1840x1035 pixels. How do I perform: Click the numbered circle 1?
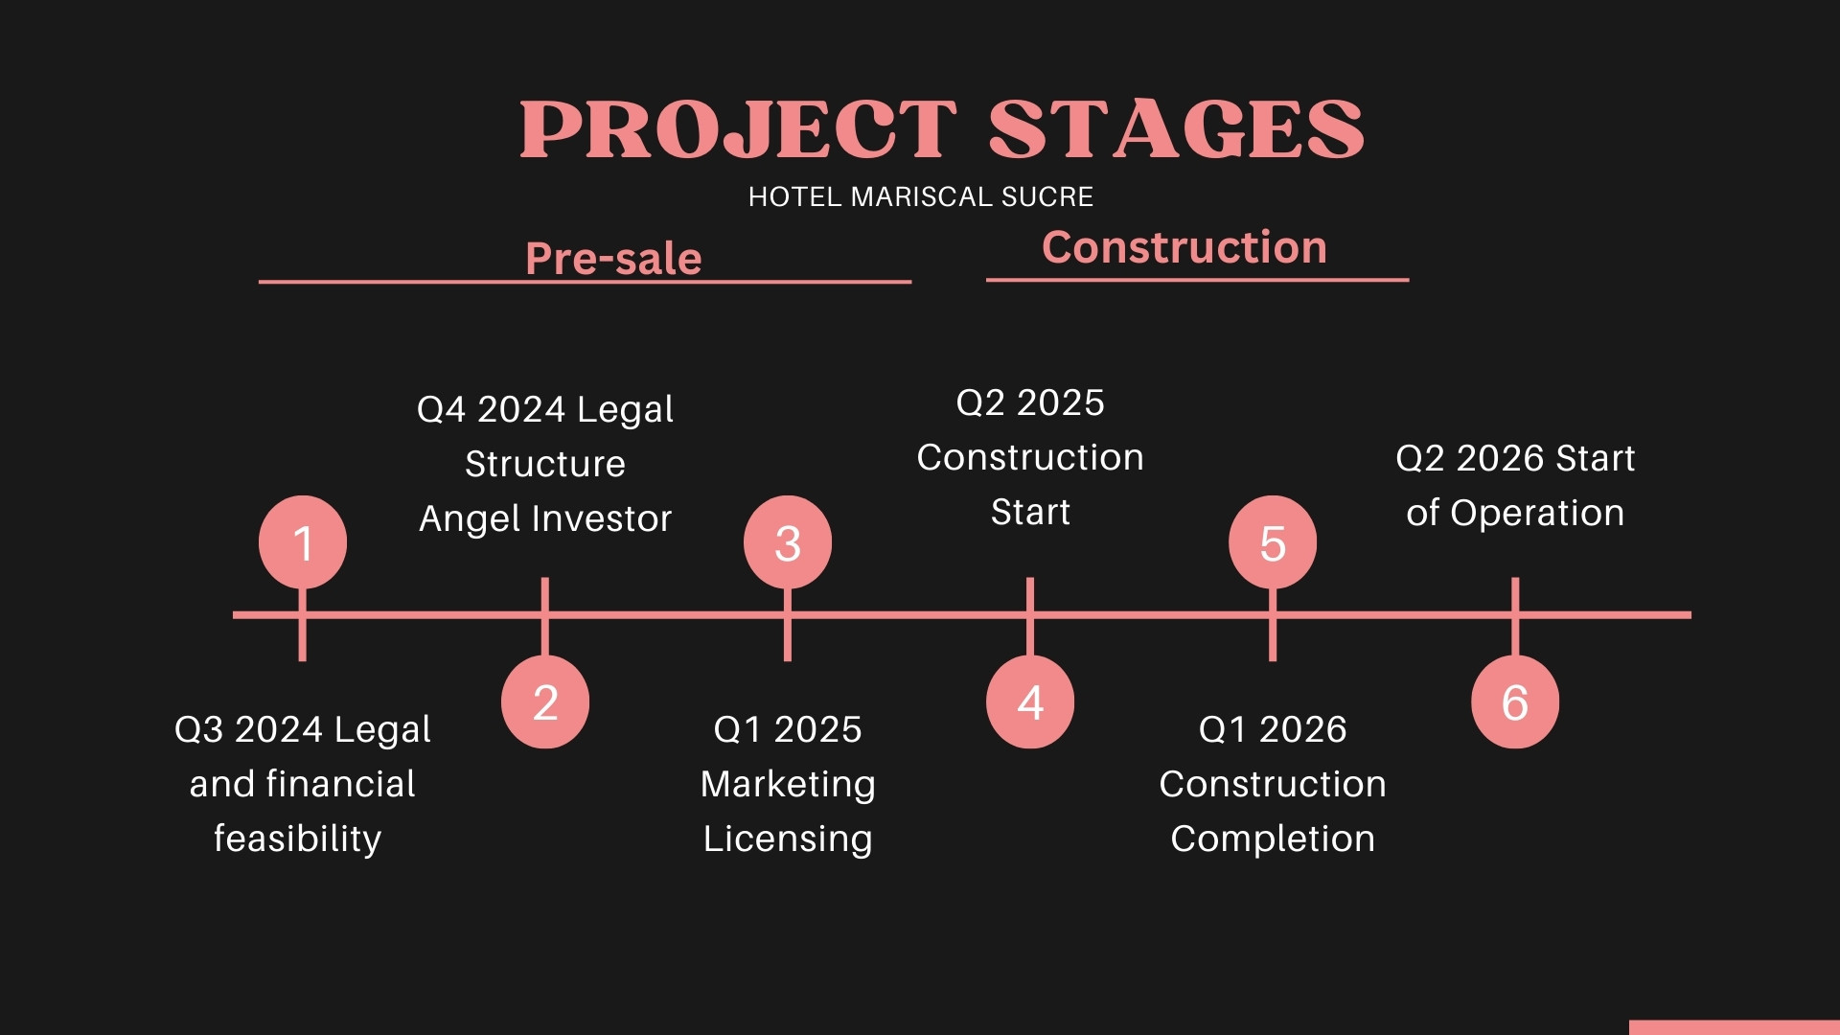(303, 541)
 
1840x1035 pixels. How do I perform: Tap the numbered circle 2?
(545, 701)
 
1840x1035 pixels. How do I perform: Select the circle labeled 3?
(788, 541)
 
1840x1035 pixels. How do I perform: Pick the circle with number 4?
(1030, 701)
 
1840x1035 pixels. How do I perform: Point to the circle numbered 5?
(1273, 541)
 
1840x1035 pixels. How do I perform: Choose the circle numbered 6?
(1515, 701)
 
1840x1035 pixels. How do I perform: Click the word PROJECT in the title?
(738, 129)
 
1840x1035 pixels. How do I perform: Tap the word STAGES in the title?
(1177, 129)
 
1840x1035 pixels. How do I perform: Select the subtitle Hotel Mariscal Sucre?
(921, 196)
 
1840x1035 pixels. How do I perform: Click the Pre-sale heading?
(613, 259)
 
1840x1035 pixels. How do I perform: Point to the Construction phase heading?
(1184, 247)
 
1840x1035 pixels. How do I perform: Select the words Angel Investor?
(545, 519)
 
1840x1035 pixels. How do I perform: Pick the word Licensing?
(788, 839)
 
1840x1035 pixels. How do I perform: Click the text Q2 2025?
(1030, 402)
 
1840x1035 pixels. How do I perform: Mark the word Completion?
(1273, 839)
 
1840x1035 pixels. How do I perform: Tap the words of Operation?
(1515, 514)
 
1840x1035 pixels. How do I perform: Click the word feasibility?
(297, 839)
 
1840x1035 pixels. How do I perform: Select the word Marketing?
(788, 785)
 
